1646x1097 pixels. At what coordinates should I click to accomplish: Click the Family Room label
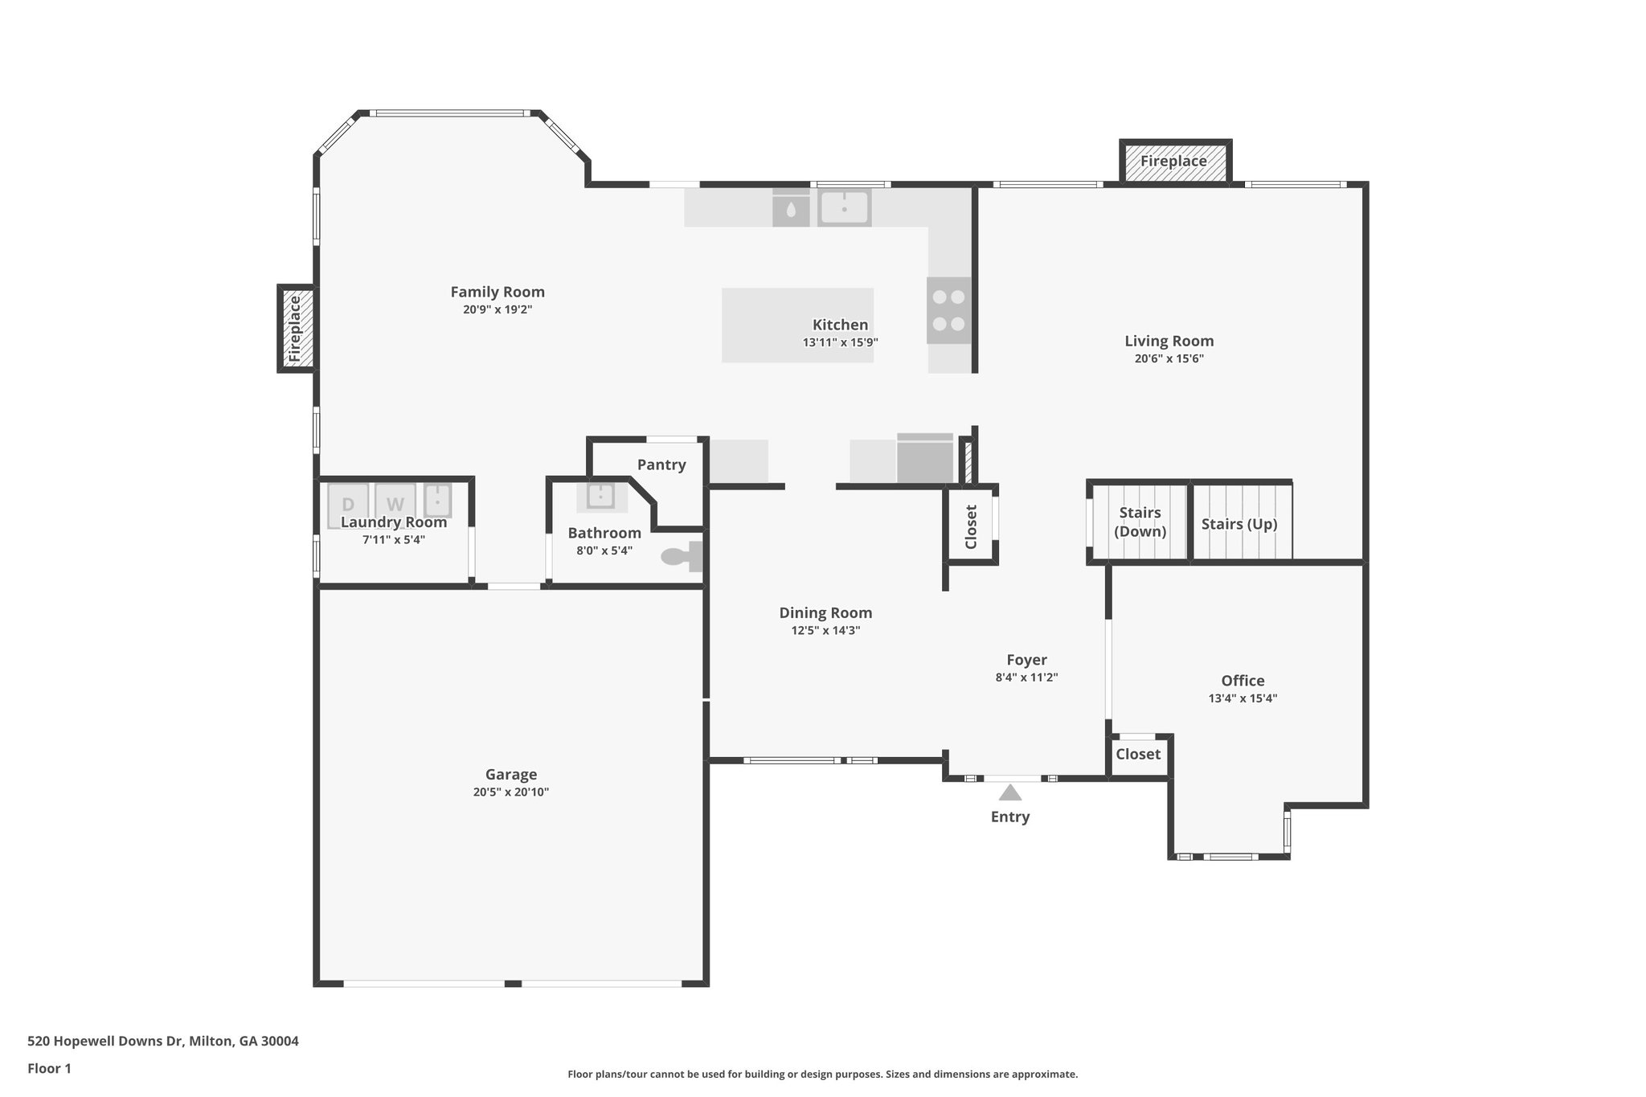tap(497, 292)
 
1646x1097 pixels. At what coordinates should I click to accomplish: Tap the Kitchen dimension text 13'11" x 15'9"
tap(840, 342)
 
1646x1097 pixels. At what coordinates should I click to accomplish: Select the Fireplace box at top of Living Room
tap(1173, 162)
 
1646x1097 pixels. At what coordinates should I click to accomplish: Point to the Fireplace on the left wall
tap(295, 329)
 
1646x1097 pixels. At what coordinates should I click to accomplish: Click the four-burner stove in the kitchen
tap(948, 310)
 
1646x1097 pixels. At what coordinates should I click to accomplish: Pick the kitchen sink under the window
tap(844, 207)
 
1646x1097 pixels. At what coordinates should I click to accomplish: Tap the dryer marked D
tap(348, 504)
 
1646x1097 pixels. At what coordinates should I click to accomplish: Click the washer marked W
tap(395, 504)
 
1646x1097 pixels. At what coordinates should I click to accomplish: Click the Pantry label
tap(661, 465)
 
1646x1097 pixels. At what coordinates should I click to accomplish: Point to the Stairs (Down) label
tap(1140, 522)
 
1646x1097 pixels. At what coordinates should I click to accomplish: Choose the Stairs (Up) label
tap(1239, 524)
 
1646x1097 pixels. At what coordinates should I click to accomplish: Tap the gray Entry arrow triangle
tap(1009, 793)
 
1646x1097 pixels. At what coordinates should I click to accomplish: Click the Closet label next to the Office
tap(1137, 754)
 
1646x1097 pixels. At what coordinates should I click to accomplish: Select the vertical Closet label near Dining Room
tap(971, 526)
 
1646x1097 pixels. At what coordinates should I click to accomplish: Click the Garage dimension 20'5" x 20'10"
tap(510, 792)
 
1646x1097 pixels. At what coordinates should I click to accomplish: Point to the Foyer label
tap(1026, 660)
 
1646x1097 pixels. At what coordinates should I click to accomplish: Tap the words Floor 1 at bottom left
tap(49, 1068)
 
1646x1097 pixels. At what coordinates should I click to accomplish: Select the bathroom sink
tap(600, 496)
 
